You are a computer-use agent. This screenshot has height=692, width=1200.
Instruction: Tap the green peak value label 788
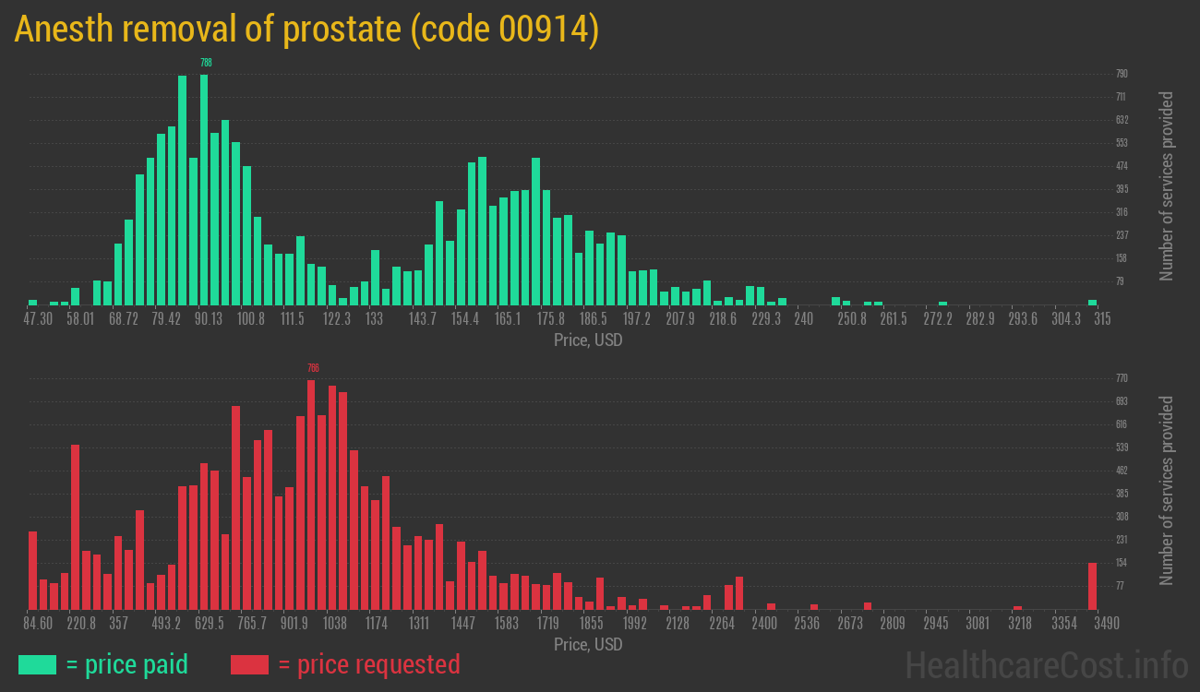click(x=205, y=63)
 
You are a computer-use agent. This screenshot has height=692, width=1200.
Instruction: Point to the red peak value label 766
click(x=312, y=367)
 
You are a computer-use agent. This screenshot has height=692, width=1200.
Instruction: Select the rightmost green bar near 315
click(x=1092, y=302)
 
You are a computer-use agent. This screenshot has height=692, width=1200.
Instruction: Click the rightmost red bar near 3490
click(x=1092, y=586)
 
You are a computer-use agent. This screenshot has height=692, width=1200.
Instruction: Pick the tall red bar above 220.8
click(x=75, y=526)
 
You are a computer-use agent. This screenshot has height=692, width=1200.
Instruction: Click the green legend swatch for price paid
click(x=37, y=664)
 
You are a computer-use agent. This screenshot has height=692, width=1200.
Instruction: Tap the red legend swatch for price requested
click(x=249, y=664)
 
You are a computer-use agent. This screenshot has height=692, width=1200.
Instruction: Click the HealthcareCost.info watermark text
click(x=1046, y=664)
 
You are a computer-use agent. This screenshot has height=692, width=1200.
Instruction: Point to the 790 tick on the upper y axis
click(x=1122, y=74)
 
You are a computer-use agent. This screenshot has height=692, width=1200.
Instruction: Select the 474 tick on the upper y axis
click(x=1122, y=166)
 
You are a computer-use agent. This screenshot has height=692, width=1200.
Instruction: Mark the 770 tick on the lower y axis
click(x=1122, y=378)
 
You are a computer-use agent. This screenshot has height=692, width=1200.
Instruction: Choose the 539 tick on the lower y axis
click(x=1122, y=447)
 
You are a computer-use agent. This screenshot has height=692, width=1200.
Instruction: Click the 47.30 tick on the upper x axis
click(x=38, y=318)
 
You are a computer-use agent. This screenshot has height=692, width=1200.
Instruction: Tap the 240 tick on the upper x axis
click(x=803, y=318)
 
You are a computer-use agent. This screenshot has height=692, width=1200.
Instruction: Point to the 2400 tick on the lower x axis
click(x=763, y=623)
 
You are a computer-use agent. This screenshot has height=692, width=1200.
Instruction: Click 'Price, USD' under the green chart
click(x=588, y=340)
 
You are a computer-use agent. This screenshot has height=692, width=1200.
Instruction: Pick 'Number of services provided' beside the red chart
click(x=1167, y=491)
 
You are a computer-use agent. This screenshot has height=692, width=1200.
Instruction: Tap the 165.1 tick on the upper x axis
click(x=508, y=318)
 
